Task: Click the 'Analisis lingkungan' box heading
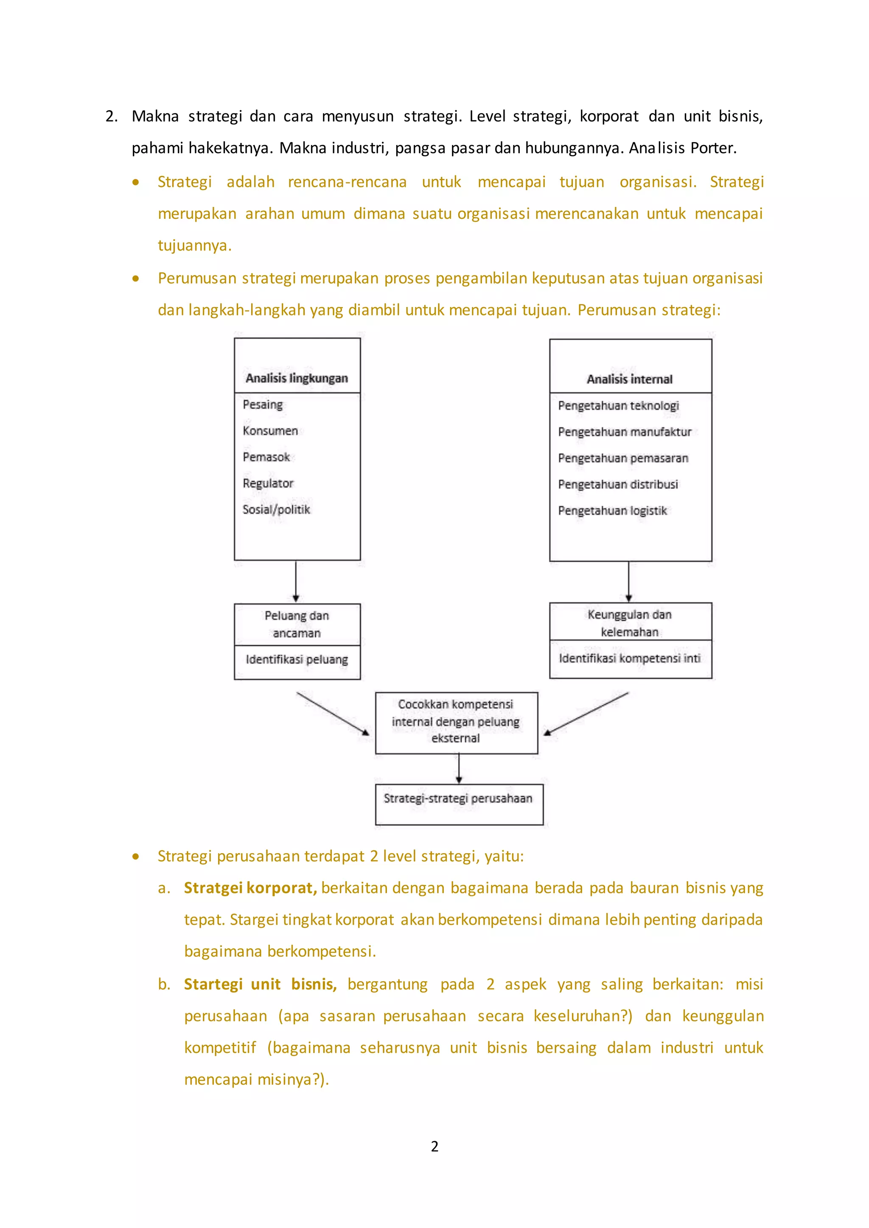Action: (x=297, y=378)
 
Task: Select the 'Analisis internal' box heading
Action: (x=629, y=379)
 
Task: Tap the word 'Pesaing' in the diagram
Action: (x=262, y=405)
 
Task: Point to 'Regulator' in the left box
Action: (x=268, y=483)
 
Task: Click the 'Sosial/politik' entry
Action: (x=276, y=509)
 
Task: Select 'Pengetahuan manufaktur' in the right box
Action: (x=625, y=432)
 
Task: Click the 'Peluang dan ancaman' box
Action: (x=297, y=624)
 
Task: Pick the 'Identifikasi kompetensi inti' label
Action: (x=629, y=659)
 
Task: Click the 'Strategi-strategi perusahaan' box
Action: (x=459, y=804)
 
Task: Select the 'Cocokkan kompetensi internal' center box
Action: (x=456, y=722)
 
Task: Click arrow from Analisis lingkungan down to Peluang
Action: (x=296, y=581)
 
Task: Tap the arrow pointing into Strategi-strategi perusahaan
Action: (x=459, y=769)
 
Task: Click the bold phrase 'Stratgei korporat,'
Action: (x=250, y=888)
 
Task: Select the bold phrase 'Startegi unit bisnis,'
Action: (x=260, y=984)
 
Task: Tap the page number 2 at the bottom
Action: (x=434, y=1146)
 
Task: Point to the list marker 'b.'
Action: (x=164, y=984)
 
